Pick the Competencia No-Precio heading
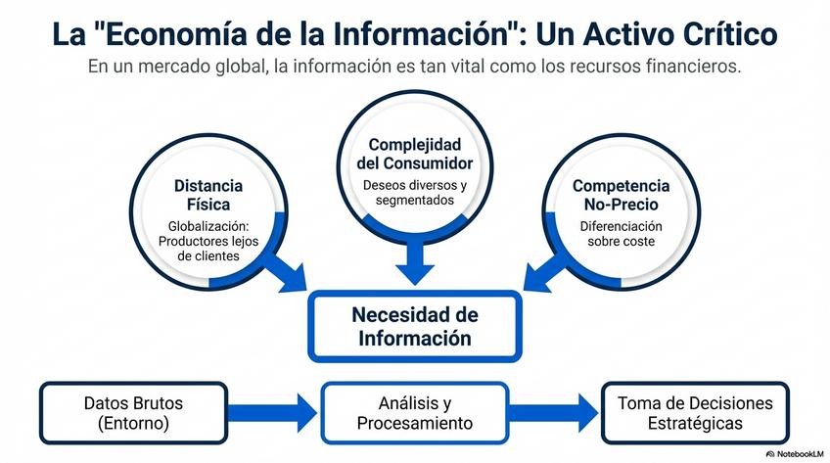pos(621,195)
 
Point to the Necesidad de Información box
pos(415,327)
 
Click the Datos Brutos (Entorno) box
pos(133,413)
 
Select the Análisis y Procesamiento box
pos(414,413)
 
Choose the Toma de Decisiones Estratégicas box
pos(694,413)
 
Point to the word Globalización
pos(202,225)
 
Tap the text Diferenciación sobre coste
pos(622,233)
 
